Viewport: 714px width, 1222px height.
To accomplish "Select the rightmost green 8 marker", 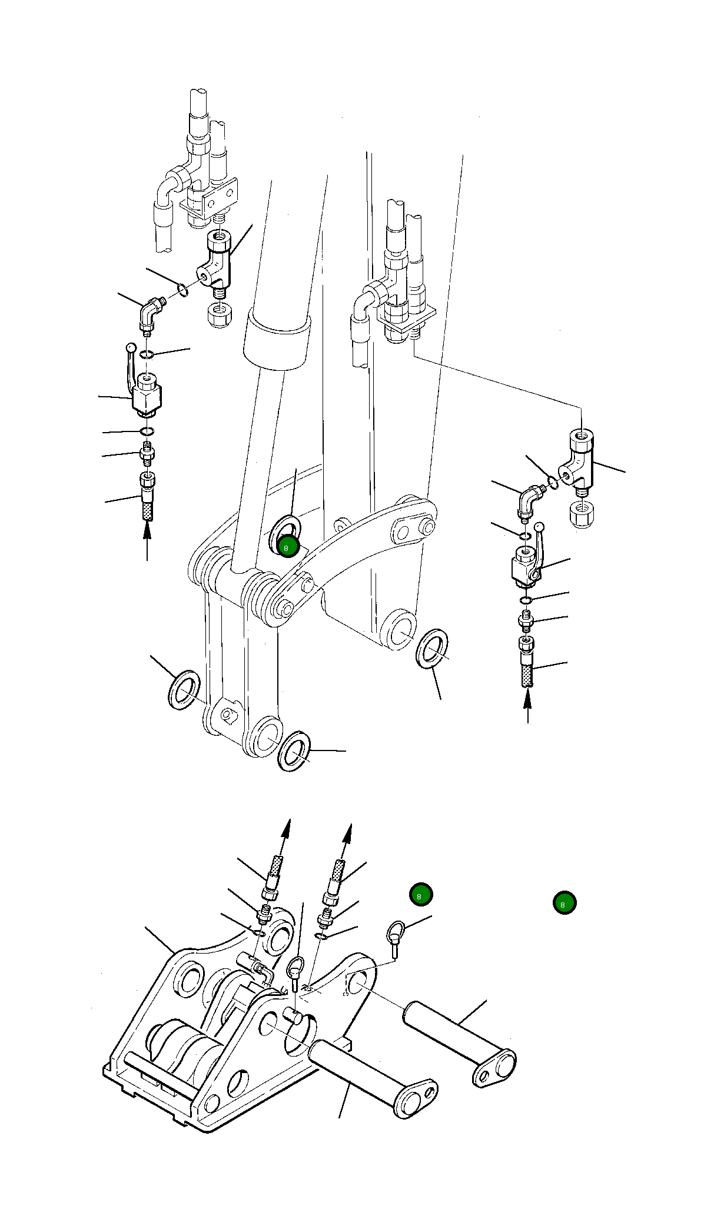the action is pos(564,902).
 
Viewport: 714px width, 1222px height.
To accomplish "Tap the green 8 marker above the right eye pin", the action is pos(421,895).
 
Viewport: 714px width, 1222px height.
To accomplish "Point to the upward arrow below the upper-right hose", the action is pos(527,705).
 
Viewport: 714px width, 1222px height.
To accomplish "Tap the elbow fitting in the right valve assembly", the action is pos(530,501).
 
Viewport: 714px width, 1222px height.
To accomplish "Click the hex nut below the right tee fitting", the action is pos(581,514).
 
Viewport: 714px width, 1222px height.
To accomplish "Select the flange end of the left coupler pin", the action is pos(416,1098).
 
